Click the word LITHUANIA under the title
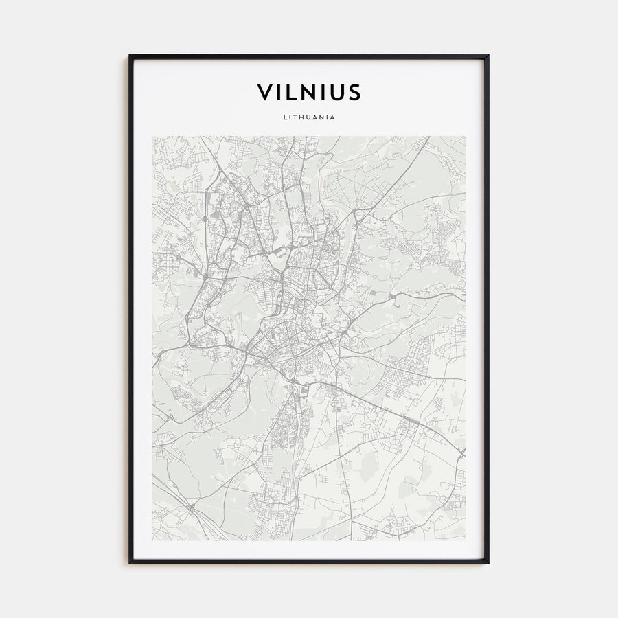(309, 117)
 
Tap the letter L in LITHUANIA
(284, 117)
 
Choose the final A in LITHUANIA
(333, 117)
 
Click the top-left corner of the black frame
(130, 56)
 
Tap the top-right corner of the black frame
(488, 56)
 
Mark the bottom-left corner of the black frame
(130, 563)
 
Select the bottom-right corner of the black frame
(488, 563)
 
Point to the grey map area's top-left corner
(152, 136)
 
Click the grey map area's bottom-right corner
(465, 540)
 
